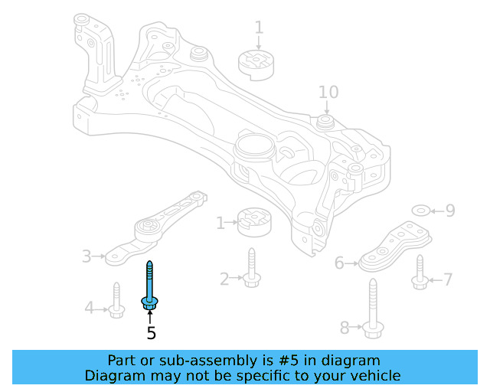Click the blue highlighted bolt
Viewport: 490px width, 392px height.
point(149,288)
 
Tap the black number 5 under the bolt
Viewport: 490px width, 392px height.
point(151,333)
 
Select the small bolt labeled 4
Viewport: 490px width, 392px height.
point(116,302)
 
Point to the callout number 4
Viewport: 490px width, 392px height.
point(89,309)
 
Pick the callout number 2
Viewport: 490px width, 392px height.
point(224,279)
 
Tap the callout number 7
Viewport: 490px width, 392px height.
point(449,280)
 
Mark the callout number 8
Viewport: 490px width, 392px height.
point(345,328)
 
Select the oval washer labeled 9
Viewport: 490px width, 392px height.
point(422,210)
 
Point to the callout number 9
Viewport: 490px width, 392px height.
point(450,210)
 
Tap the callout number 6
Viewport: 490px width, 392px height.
point(340,264)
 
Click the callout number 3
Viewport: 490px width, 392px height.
point(87,256)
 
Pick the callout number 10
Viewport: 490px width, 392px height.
point(328,93)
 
